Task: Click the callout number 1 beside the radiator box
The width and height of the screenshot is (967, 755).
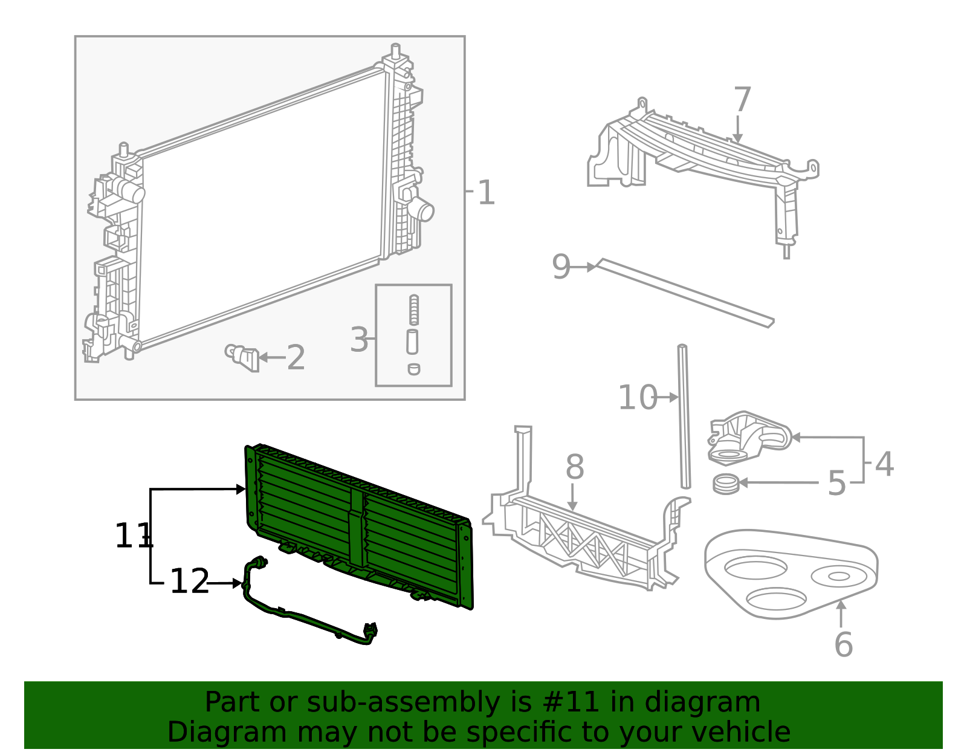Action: coord(486,193)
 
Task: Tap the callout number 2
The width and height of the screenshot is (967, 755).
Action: coord(296,358)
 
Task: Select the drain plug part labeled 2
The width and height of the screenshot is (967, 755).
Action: coord(244,357)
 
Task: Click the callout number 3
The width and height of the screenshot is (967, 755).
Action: coord(359,340)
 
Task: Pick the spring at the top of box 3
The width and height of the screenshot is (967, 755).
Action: coord(413,309)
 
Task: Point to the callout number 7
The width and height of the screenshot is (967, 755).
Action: coord(742,100)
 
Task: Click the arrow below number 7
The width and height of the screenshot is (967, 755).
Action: coord(737,130)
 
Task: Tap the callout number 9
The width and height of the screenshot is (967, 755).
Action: coord(561,267)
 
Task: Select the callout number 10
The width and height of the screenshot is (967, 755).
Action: coord(637,398)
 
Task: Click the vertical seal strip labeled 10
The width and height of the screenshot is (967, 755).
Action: coord(684,417)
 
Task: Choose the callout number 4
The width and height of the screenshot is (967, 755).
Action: coord(884,464)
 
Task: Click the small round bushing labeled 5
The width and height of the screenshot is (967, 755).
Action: coord(725,484)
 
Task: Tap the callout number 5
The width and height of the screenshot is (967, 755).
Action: coord(836,484)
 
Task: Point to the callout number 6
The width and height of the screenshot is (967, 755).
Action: coord(843,644)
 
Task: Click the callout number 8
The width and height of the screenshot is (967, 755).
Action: coord(575,467)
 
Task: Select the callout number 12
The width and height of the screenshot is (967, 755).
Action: coord(189,582)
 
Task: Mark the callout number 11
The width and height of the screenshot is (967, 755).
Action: coord(133,536)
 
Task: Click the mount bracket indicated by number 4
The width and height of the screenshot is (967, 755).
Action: coord(748,436)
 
